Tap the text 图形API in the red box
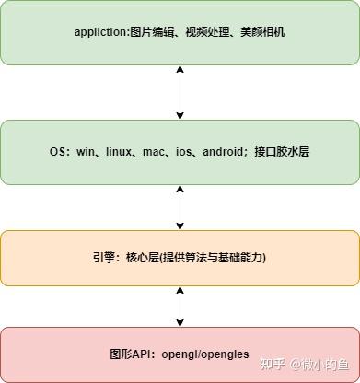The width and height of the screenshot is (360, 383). [x=125, y=354]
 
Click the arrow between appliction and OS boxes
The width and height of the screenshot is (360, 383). [x=180, y=92]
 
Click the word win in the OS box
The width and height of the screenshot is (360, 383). [x=85, y=151]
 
